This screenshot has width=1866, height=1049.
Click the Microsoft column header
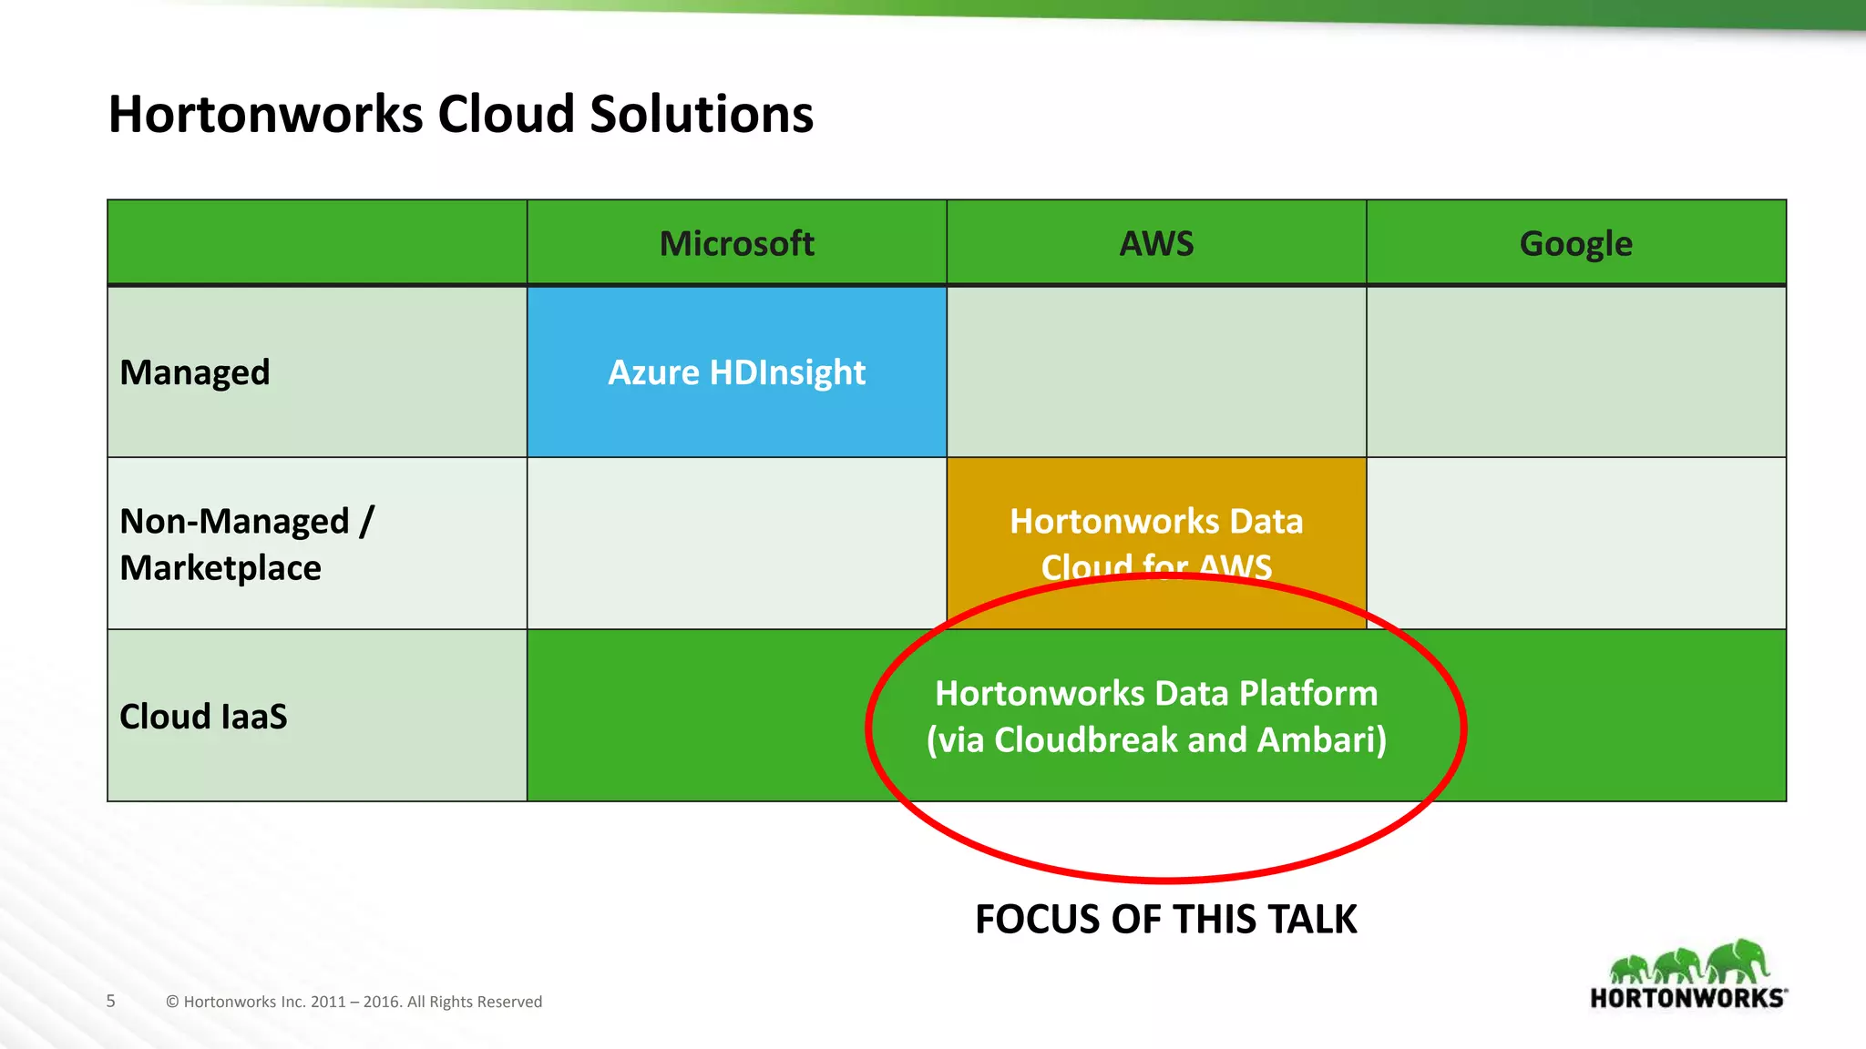pos(736,243)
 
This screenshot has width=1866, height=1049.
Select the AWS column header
pos(1156,243)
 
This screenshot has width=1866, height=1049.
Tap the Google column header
pos(1575,243)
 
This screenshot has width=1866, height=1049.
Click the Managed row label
pos(195,372)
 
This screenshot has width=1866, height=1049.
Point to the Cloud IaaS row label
pos(203,717)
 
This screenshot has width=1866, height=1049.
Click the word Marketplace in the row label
pos(220,568)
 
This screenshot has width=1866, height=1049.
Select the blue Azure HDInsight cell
pos(736,372)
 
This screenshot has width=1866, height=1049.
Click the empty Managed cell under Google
pos(1575,372)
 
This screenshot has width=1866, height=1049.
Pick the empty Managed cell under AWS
pos(1156,372)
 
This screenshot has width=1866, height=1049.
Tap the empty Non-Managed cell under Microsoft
pos(736,544)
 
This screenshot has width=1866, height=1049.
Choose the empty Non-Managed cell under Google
pos(1575,544)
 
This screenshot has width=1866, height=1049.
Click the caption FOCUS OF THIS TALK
pos(1165,920)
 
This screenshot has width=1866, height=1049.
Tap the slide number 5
pos(111,1002)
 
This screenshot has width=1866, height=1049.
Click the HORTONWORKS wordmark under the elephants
pos(1687,998)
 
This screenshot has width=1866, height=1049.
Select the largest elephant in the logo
pos(1738,962)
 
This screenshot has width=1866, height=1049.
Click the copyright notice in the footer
pos(354,1002)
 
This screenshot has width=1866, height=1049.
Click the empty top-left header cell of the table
pos(317,243)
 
